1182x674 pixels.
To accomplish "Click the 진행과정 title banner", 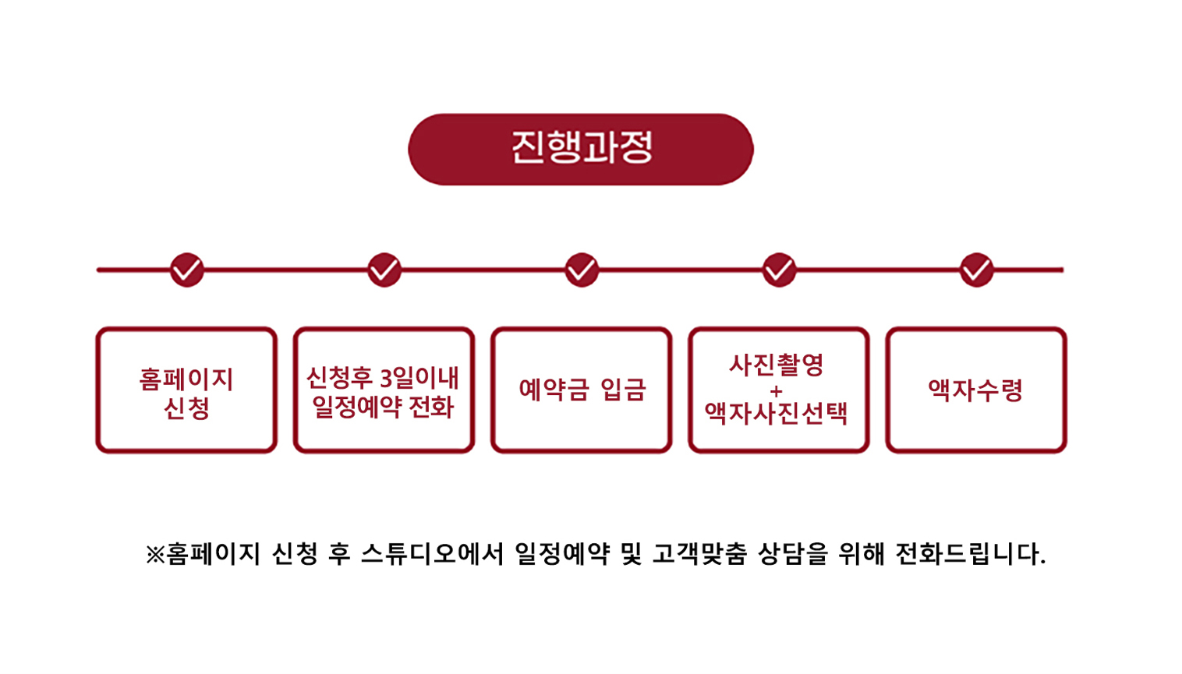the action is pos(581,149).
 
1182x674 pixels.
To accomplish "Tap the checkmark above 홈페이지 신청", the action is pos(187,270).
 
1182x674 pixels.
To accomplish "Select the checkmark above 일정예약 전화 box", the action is pos(384,270).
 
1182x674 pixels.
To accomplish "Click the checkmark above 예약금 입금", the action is pos(582,270).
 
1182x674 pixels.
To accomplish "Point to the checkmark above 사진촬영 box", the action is pos(779,270).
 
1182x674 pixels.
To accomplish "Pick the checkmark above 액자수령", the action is pos(976,270).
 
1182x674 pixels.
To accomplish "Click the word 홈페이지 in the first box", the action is pos(186,379).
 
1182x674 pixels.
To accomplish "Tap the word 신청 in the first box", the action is pos(186,408).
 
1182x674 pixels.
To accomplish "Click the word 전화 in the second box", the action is pos(430,407).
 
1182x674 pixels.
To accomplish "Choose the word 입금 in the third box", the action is pos(624,390).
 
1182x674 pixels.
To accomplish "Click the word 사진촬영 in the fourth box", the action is pos(777,365).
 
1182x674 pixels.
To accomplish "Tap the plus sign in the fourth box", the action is pos(776,390).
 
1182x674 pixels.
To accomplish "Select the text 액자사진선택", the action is pos(777,413).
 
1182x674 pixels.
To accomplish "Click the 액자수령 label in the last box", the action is pos(975,390).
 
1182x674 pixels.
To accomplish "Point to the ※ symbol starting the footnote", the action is pos(154,555).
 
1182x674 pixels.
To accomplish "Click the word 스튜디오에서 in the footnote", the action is pos(432,554).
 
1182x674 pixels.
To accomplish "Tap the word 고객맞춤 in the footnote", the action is pos(699,554).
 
